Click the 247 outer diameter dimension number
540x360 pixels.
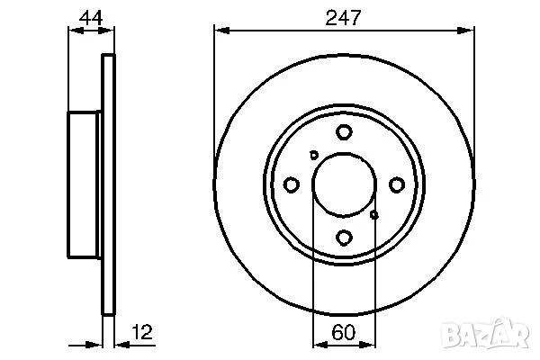pyautogui.click(x=343, y=15)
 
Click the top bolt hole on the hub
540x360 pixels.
pyautogui.click(x=344, y=132)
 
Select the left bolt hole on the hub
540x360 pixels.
pyautogui.click(x=291, y=184)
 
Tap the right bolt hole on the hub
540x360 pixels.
pyautogui.click(x=397, y=184)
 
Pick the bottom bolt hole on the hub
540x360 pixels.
pyautogui.click(x=344, y=238)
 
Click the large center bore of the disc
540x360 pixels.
pyautogui.click(x=343, y=184)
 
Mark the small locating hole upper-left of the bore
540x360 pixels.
pyautogui.click(x=313, y=154)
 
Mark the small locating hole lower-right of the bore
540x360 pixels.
pyautogui.click(x=374, y=215)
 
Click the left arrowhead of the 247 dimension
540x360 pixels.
pyautogui.click(x=220, y=29)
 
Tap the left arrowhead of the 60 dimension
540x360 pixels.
pyautogui.click(x=317, y=343)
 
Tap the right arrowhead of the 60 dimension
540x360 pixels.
pyautogui.click(x=370, y=343)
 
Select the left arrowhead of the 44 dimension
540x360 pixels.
pyautogui.click(x=74, y=29)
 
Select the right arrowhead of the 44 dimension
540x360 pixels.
pyautogui.click(x=111, y=29)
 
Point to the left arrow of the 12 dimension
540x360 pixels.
pyautogui.click(x=97, y=343)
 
